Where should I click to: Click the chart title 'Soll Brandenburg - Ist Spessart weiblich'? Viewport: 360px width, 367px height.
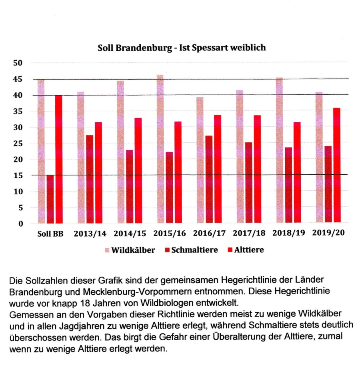click(x=182, y=48)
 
